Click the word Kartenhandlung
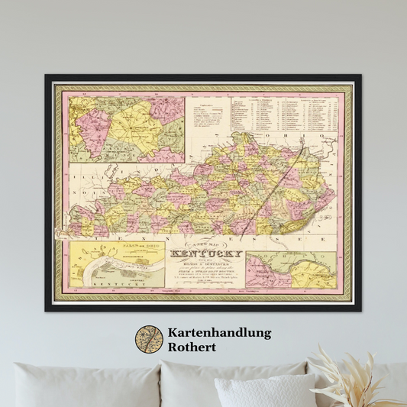pyautogui.click(x=218, y=334)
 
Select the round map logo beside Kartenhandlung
pyautogui.click(x=149, y=341)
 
